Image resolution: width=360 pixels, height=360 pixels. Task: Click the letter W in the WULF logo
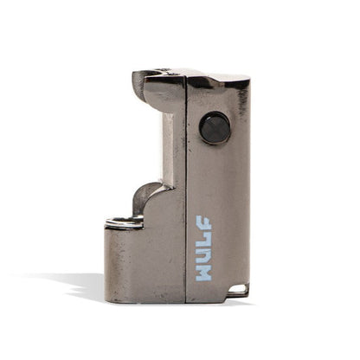coord(204,269)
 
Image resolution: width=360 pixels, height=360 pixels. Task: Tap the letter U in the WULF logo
coord(204,252)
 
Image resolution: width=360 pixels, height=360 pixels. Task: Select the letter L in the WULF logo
coord(204,237)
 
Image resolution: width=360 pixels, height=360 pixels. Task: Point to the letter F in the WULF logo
coord(204,223)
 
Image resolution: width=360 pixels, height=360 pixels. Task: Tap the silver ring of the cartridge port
coord(124,222)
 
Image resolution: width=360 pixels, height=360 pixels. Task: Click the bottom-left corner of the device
coord(106,299)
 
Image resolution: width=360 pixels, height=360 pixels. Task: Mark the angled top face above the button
coord(216,81)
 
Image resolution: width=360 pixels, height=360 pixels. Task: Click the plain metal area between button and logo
coord(216,177)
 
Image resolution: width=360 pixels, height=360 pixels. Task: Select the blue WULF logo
coord(204,247)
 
